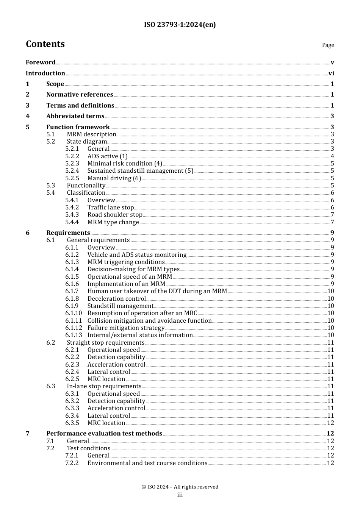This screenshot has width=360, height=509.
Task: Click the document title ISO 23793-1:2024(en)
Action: pyautogui.click(x=180, y=25)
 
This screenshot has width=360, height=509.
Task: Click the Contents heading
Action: pyautogui.click(x=45, y=44)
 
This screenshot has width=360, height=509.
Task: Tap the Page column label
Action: pyautogui.click(x=328, y=45)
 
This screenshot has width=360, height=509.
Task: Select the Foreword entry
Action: pyautogui.click(x=41, y=62)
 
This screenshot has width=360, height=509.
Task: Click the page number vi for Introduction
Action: pyautogui.click(x=331, y=73)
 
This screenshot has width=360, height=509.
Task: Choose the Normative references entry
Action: pyautogui.click(x=80, y=95)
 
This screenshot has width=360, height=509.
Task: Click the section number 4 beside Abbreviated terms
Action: pyautogui.click(x=28, y=116)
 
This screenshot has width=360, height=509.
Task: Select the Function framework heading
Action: pyautogui.click(x=78, y=127)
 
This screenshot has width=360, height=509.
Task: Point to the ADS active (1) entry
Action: pyautogui.click(x=107, y=156)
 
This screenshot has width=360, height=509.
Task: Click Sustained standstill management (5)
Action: pyautogui.click(x=140, y=171)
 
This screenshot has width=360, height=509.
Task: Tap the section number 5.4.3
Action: pyautogui.click(x=72, y=215)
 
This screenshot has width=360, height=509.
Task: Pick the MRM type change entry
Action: pyautogui.click(x=113, y=222)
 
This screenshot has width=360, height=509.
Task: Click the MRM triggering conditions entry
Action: pyautogui.click(x=126, y=262)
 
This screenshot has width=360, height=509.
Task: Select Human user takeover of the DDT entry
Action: pyautogui.click(x=157, y=291)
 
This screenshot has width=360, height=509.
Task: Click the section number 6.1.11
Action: pyautogui.click(x=74, y=321)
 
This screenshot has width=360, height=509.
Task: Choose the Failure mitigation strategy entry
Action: pyautogui.click(x=126, y=328)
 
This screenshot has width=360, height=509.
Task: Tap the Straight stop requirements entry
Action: pyautogui.click(x=105, y=343)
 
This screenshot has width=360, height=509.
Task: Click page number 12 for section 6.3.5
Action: pyautogui.click(x=330, y=423)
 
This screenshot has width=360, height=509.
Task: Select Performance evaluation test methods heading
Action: pyautogui.click(x=104, y=434)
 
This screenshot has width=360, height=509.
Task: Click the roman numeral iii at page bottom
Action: pyautogui.click(x=180, y=495)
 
